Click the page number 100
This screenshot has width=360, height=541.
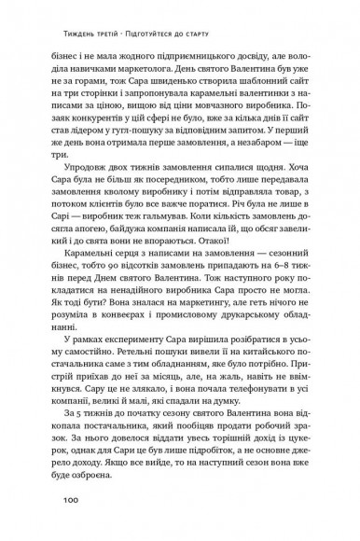[x=75, y=500]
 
